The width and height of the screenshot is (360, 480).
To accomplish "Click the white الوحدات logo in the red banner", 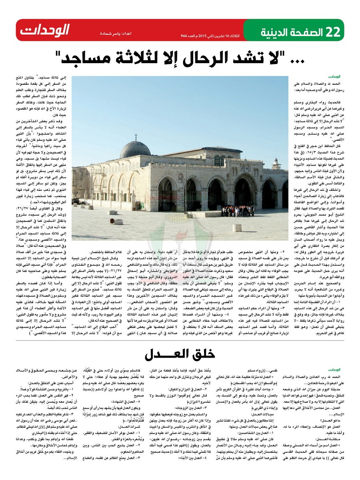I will click(45, 30).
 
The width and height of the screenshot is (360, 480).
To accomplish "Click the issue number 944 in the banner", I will click(184, 36).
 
